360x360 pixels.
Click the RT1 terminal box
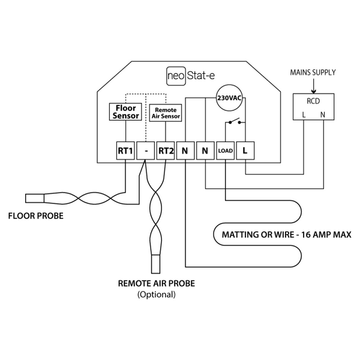(125, 151)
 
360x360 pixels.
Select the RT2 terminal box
(165, 151)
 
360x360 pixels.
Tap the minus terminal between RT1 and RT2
(145, 151)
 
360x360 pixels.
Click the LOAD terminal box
(225, 151)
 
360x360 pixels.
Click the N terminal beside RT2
(185, 151)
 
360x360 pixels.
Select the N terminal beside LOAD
(205, 151)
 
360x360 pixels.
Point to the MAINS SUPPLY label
(313, 73)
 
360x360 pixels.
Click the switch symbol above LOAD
(235, 123)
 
